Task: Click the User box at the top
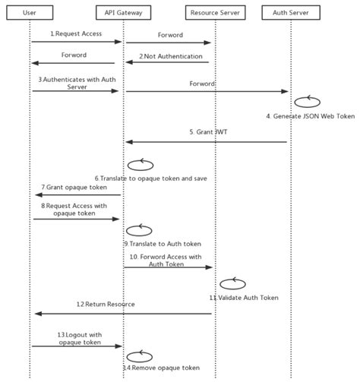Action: coord(30,13)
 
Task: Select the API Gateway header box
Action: coord(124,13)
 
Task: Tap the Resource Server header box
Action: coord(214,13)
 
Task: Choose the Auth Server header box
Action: coord(291,13)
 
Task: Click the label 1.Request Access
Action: coord(75,34)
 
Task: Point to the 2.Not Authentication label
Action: coord(171,56)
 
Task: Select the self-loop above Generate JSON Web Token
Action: coord(307,102)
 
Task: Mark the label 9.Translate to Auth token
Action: coord(162,243)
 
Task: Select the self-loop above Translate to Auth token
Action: coord(139,229)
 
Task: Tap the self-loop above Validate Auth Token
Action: coord(232,283)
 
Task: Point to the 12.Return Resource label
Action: coord(106,305)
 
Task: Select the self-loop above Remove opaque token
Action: coord(139,355)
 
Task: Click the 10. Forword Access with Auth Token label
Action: coord(167,260)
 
